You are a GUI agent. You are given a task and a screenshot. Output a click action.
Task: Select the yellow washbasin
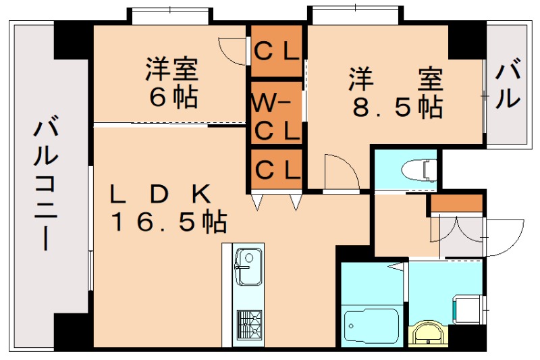point(427,333)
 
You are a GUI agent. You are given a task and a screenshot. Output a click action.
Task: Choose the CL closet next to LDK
point(277,168)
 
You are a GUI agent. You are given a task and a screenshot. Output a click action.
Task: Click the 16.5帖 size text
point(169,221)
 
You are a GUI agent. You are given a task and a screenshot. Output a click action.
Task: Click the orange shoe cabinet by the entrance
point(457,203)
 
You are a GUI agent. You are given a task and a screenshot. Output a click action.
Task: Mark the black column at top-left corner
point(73,41)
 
